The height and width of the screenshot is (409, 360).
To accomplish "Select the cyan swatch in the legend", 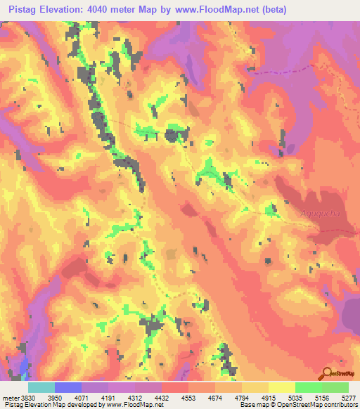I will pos(41,387).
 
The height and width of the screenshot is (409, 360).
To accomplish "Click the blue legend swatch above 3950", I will pos(67,387).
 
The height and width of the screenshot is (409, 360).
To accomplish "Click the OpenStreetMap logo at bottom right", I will pos(340,375).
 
